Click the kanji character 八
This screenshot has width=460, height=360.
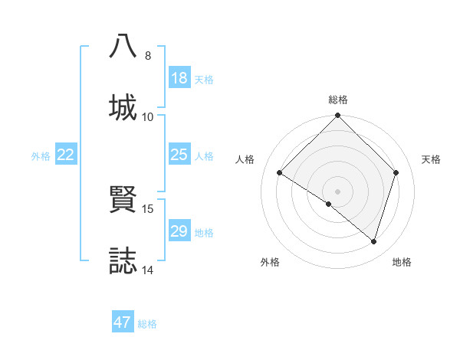[x=123, y=47]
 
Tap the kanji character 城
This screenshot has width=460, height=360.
[x=123, y=108]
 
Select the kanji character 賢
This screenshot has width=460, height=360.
[x=123, y=200]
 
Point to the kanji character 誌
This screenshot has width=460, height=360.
[x=123, y=261]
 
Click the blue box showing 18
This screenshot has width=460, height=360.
[x=179, y=78]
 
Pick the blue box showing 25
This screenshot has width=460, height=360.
[x=179, y=155]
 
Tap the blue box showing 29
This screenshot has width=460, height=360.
[x=179, y=232]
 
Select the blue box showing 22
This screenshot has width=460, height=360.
[x=66, y=155]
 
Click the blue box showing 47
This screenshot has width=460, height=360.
[x=123, y=322]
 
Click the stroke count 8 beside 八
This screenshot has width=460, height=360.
[x=148, y=55]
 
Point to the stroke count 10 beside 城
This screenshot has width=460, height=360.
[x=148, y=116]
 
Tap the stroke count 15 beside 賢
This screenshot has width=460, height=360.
[x=148, y=208]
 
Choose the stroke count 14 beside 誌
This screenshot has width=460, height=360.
[x=148, y=270]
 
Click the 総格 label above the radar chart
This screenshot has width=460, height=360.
[x=338, y=100]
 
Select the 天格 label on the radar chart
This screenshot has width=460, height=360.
[x=431, y=159]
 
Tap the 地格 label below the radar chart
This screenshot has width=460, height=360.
[x=402, y=262]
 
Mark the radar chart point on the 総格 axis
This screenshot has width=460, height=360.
[x=338, y=116]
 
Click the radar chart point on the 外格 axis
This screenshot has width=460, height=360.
[x=329, y=204]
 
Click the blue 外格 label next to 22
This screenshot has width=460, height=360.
[x=41, y=156]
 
